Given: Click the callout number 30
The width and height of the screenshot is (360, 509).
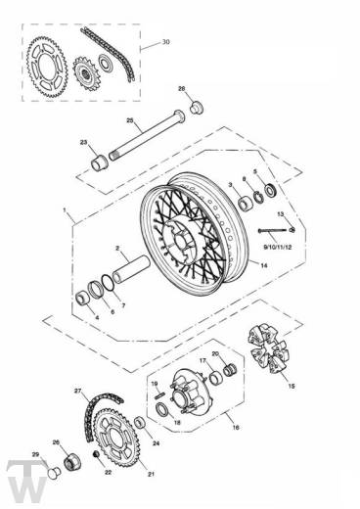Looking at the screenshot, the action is (x=165, y=43).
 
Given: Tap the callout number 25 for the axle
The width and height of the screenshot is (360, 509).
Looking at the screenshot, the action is (x=129, y=120).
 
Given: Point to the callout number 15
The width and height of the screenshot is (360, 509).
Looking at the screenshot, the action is (x=289, y=386).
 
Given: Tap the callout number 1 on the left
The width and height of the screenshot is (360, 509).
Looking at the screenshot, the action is (x=66, y=211).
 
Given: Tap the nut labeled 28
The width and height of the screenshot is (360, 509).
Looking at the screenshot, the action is (x=193, y=105).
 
